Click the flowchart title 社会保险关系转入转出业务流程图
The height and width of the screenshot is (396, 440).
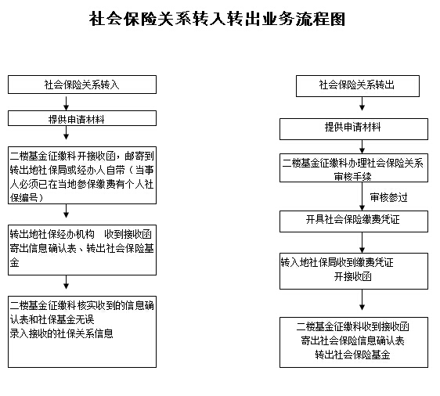point(217,19)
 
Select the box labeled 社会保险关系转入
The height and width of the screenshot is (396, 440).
point(82,85)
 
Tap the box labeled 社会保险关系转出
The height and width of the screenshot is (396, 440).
point(358,86)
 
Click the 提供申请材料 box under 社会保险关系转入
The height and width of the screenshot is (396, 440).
point(82,118)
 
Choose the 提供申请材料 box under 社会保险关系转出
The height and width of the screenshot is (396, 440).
point(354,129)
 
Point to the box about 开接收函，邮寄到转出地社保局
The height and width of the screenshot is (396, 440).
point(82,175)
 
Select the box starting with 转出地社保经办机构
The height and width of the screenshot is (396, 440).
point(82,250)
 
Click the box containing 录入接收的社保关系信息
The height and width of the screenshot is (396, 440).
point(82,332)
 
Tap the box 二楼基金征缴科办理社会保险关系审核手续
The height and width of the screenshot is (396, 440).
point(354,167)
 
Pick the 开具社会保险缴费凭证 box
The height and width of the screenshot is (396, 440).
point(354,221)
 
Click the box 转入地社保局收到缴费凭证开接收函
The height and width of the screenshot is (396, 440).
point(354,272)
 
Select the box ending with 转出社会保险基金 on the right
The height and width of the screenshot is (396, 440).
point(354,343)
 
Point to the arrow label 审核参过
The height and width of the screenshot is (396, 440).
point(388,197)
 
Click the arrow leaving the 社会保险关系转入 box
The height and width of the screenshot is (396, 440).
point(67,103)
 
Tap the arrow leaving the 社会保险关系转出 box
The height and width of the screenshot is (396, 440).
point(362,104)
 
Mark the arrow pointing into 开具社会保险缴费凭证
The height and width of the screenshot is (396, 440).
point(362,196)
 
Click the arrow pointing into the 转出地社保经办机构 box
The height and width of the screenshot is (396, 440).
point(67,211)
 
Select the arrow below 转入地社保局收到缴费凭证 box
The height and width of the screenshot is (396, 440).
point(362,300)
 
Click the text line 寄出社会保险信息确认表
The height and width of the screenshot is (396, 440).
point(353,340)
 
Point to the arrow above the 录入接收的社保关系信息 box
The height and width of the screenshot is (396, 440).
point(67,283)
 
